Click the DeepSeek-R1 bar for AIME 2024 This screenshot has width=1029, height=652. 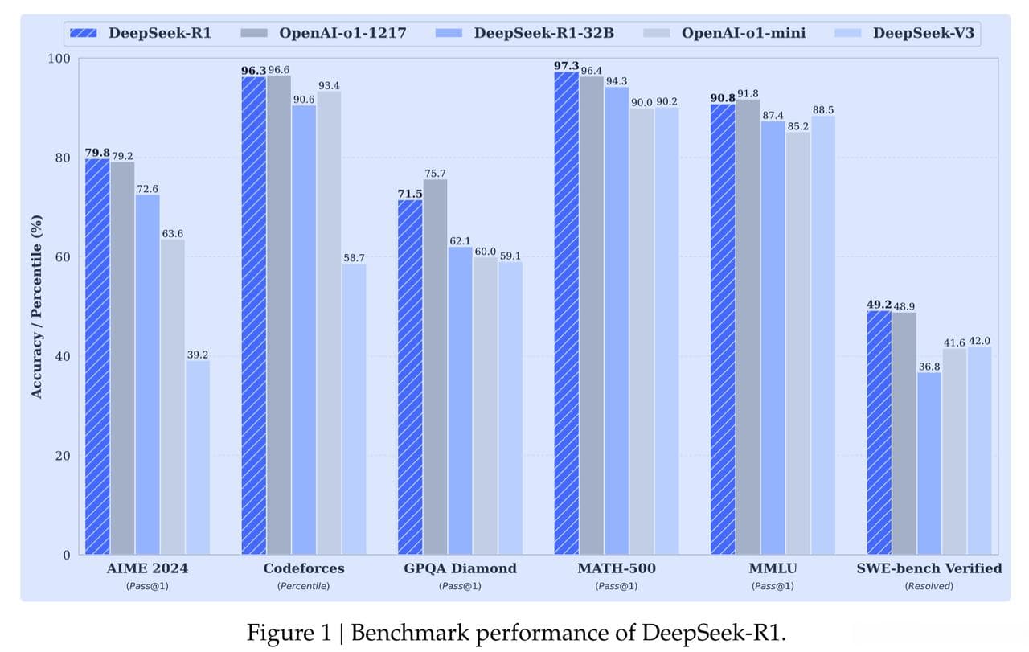tap(97, 357)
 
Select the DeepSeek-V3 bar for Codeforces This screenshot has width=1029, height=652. tap(354, 409)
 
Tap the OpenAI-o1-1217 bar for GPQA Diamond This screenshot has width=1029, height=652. tap(435, 367)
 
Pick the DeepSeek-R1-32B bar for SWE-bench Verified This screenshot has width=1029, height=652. tap(929, 463)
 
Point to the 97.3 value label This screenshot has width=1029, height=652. tap(566, 65)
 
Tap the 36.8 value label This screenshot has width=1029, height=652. tap(929, 366)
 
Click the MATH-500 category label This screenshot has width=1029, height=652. tap(616, 568)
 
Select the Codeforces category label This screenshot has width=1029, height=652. tap(304, 568)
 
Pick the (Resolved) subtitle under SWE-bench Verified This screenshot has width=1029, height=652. tap(929, 586)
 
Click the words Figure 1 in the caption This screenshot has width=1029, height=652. tap(285, 632)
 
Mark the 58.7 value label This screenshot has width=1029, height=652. tap(354, 257)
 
